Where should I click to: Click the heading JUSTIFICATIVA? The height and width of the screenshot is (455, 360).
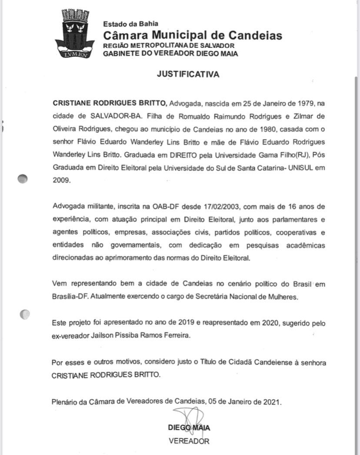[188, 74]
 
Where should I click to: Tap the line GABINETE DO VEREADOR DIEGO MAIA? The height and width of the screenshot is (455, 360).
[170, 54]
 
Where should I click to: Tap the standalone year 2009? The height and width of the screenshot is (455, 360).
[60, 181]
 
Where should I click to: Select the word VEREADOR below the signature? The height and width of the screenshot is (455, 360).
[189, 441]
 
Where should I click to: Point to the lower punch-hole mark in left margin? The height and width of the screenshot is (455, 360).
[25, 313]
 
